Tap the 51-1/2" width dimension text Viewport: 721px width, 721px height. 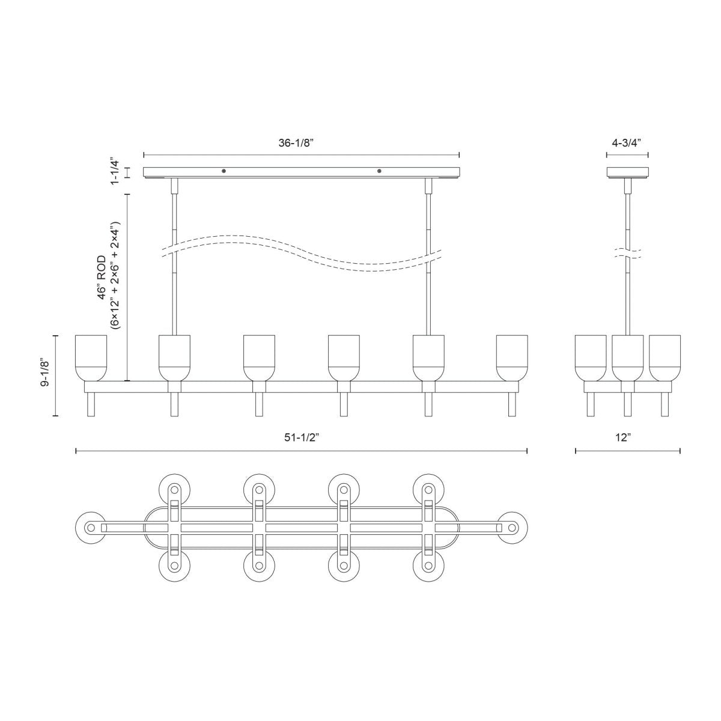coord(301,438)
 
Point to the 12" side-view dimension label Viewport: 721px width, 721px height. coord(622,438)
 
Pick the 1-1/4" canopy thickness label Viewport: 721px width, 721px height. coord(115,172)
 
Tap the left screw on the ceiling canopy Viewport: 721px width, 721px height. coord(224,171)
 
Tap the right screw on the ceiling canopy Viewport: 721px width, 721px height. coord(379,171)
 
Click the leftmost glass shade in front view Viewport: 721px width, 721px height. coord(91,357)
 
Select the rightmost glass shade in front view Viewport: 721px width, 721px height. coord(512,357)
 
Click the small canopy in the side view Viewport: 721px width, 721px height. coord(627,172)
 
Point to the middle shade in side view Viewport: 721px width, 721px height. coord(628,357)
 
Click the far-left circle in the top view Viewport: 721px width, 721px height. coord(91,528)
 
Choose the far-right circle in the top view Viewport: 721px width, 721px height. coord(513,528)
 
